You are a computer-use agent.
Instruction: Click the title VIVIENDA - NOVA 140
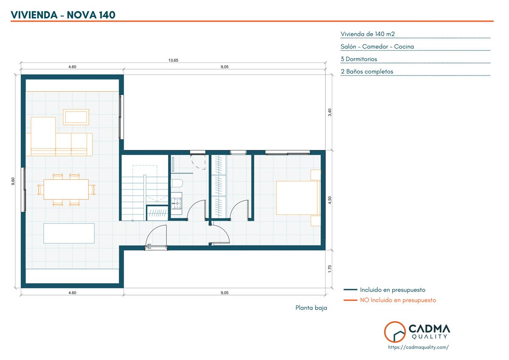(x=63, y=15)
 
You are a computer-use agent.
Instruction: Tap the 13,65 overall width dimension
(x=173, y=60)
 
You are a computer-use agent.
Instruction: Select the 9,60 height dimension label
(x=13, y=181)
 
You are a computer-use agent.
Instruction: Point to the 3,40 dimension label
(x=330, y=112)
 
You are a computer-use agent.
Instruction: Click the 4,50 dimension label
(x=330, y=200)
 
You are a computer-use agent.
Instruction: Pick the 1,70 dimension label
(x=330, y=269)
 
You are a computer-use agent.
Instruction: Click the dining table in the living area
(x=66, y=190)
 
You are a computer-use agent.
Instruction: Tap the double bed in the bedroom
(x=298, y=198)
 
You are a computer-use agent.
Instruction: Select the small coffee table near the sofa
(x=76, y=117)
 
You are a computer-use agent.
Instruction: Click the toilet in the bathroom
(x=177, y=183)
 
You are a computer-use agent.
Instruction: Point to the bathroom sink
(x=176, y=203)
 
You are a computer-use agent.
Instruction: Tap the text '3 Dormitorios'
(x=359, y=59)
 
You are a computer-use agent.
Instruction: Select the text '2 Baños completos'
(x=367, y=72)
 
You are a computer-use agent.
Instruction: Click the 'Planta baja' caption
(x=311, y=308)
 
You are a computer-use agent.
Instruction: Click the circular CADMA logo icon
(x=395, y=332)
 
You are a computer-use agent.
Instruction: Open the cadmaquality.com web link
(x=418, y=347)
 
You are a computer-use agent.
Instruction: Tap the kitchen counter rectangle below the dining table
(x=69, y=233)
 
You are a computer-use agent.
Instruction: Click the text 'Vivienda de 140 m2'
(x=367, y=34)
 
